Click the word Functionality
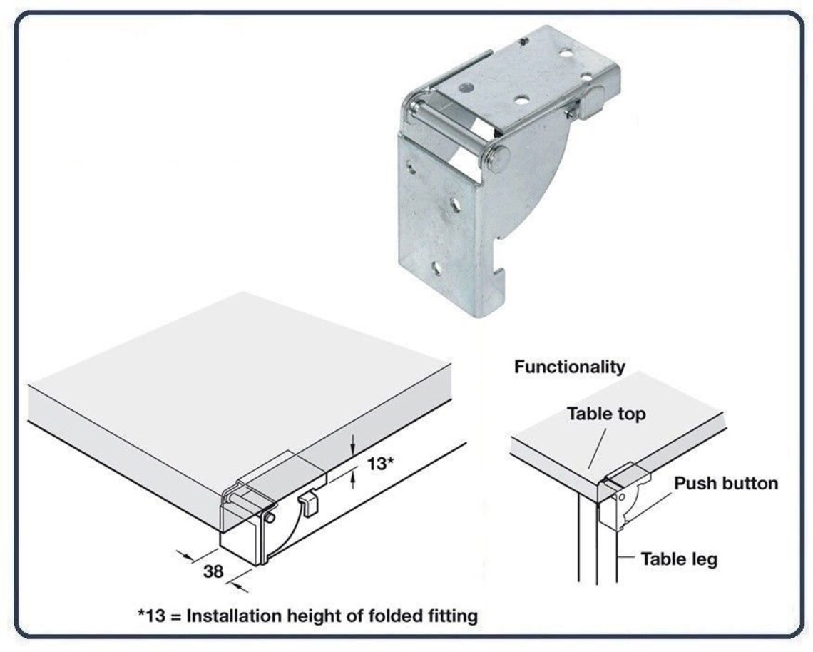(x=569, y=367)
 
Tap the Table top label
(x=605, y=414)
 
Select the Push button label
(x=726, y=484)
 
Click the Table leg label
(x=679, y=559)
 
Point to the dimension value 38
(x=213, y=571)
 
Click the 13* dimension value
(x=381, y=463)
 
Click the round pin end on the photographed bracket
(x=498, y=158)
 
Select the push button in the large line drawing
(x=308, y=503)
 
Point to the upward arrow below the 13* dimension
(x=353, y=478)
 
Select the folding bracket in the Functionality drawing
(x=623, y=495)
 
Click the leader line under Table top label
(x=598, y=447)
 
